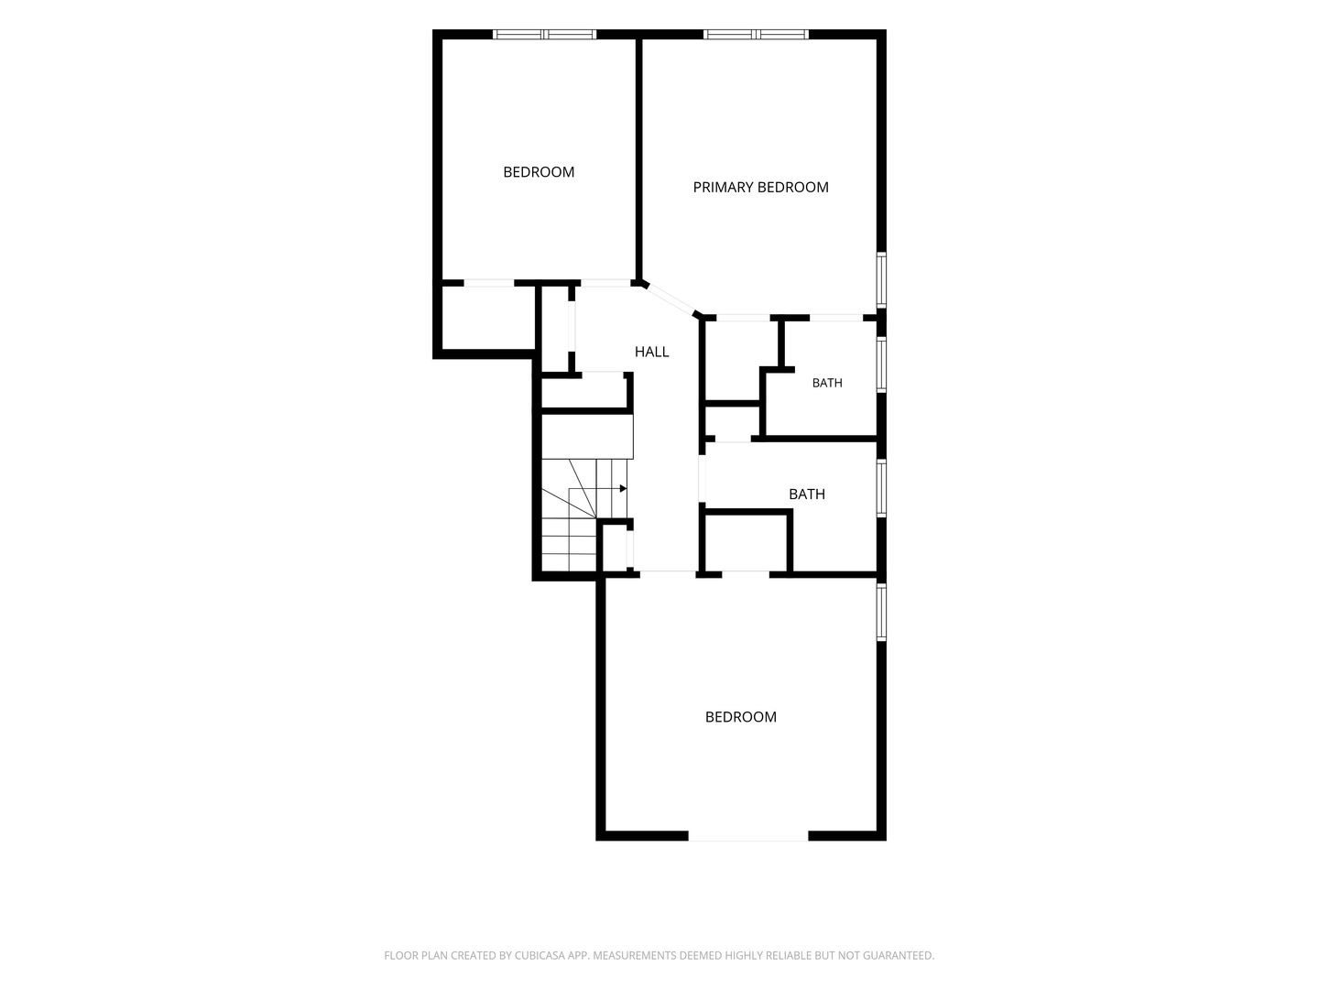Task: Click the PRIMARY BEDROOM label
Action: (x=760, y=188)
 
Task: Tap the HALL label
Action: (x=651, y=352)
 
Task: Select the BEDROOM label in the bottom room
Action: (x=740, y=717)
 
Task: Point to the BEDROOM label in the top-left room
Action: (x=539, y=172)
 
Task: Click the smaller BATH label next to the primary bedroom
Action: (x=827, y=383)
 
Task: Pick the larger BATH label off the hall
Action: (x=806, y=494)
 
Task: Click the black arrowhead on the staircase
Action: (x=623, y=489)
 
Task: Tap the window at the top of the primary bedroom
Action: (x=756, y=34)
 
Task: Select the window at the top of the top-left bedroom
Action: (x=544, y=34)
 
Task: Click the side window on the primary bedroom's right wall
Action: (x=881, y=280)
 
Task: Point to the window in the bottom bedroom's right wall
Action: (x=881, y=612)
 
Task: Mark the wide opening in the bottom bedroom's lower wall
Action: (x=747, y=835)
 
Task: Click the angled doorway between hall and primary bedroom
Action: (x=669, y=299)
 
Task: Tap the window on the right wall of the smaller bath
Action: (x=881, y=364)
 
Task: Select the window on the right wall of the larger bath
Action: (x=881, y=487)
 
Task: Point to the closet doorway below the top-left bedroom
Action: (x=488, y=283)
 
